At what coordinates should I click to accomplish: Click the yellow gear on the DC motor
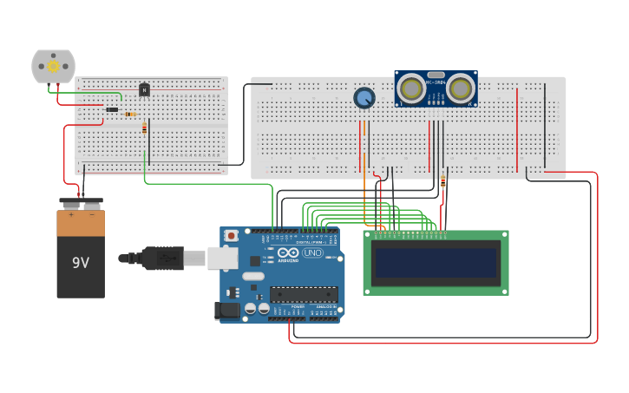coord(53,66)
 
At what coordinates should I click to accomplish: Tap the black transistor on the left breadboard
coord(144,88)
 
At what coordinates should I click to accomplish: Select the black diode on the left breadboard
coord(112,109)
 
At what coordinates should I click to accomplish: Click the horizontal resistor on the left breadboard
coord(130,114)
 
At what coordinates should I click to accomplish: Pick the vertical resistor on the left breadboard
coord(144,128)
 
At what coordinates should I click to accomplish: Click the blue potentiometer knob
coord(364,98)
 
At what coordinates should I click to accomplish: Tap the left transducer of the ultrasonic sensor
coord(411,88)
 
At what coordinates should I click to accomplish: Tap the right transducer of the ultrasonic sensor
coord(461,88)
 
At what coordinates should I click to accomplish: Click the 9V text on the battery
coord(80,262)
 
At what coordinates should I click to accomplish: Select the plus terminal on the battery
coord(70,205)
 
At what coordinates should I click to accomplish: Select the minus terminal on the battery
coord(91,205)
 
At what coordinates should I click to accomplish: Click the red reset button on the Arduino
coord(231,235)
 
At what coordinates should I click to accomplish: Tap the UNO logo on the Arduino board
coord(312,252)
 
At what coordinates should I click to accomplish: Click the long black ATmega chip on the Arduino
coord(303,293)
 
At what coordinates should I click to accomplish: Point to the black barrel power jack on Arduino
coord(229,310)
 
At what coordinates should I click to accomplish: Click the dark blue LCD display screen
coord(436,262)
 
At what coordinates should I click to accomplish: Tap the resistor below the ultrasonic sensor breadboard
coord(443,181)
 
